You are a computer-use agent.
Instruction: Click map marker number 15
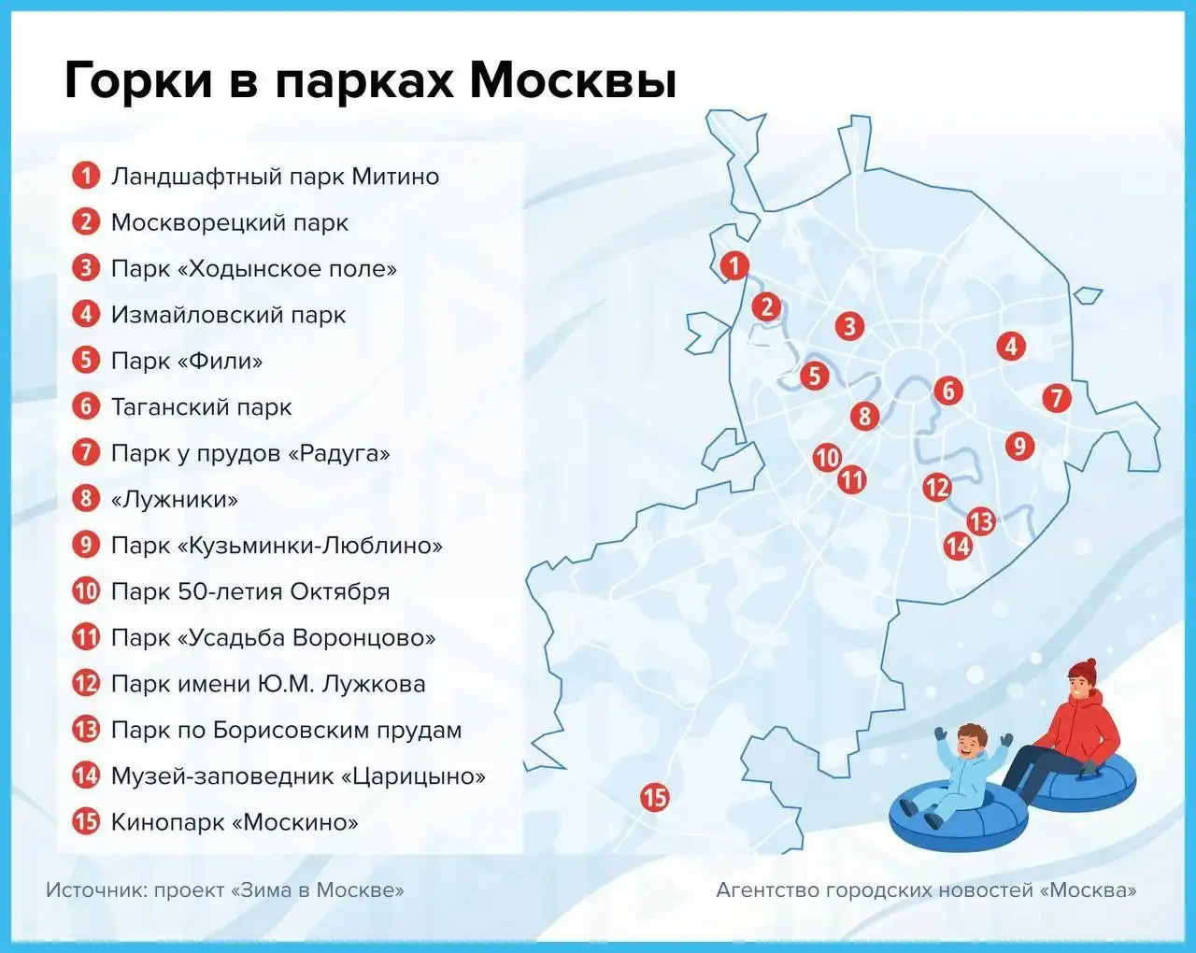pos(655,798)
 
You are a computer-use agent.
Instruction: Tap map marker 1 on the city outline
pos(735,265)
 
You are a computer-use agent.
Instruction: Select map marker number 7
pos(1057,399)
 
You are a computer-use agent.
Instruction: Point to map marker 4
pos(1011,346)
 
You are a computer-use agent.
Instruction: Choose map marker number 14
pos(958,546)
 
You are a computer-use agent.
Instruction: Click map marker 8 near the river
pos(865,416)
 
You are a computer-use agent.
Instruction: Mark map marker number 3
pos(849,326)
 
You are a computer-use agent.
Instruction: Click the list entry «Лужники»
pos(174,499)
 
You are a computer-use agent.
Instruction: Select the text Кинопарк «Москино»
pos(234,822)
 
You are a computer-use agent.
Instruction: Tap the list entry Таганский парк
pos(201,407)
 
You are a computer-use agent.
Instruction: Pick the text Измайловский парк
pos(228,315)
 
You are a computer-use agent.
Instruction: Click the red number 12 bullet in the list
pos(86,684)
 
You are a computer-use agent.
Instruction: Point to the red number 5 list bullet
pos(86,361)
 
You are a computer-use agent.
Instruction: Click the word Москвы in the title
pos(573,81)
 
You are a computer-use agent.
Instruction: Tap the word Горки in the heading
pos(138,81)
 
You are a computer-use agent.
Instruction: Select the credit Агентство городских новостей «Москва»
pos(926,890)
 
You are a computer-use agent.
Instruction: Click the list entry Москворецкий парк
pos(229,222)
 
